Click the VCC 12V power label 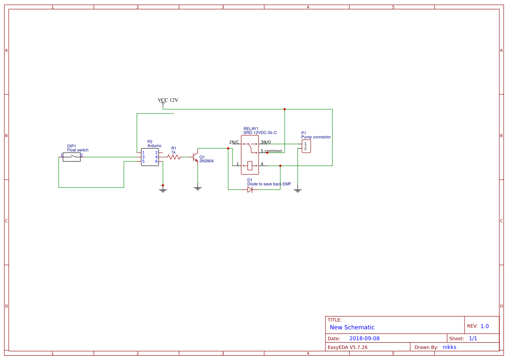pos(168,100)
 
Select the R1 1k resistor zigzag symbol pos(174,157)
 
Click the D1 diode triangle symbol pos(250,190)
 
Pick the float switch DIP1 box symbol pos(72,157)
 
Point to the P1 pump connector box pos(306,146)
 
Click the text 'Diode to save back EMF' pos(269,184)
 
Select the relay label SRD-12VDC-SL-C pos(260,133)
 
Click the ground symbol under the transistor pos(198,188)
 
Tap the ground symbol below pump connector pos(298,190)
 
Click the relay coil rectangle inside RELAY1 pos(250,165)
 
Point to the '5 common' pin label pos(271,151)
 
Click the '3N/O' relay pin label pos(266,142)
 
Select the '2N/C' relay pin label pos(234,142)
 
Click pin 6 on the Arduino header pos(156,161)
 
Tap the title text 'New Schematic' pos(352,327)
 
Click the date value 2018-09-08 pos(364,338)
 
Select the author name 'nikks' pos(449,347)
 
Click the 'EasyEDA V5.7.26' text pos(347,347)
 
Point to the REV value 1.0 pos(485,326)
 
